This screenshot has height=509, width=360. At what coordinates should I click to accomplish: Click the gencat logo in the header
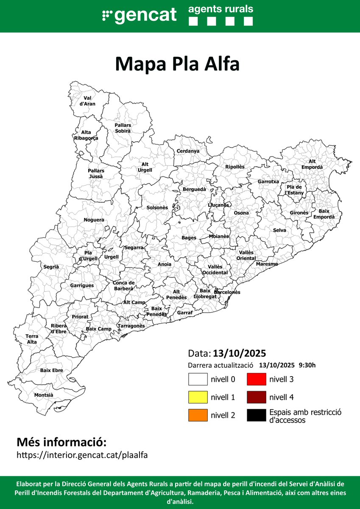[140, 16]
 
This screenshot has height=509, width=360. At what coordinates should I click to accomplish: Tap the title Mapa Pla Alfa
[178, 64]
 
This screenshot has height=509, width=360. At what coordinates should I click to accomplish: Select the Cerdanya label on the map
[188, 151]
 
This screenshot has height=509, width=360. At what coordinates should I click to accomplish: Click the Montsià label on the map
[44, 395]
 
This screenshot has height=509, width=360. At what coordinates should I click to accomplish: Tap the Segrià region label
[51, 267]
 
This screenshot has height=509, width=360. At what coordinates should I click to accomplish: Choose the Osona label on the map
[242, 213]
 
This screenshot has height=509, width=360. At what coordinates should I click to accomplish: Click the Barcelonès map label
[227, 292]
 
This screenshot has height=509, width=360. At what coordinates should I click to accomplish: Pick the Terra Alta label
[32, 339]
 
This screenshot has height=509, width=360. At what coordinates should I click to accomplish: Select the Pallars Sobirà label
[123, 128]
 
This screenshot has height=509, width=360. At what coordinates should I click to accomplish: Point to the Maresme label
[267, 264]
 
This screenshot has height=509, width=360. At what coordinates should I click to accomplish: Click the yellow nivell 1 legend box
[198, 397]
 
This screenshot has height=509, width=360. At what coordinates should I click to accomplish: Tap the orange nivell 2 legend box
[198, 415]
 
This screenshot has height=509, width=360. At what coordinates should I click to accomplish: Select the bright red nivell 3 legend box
[256, 379]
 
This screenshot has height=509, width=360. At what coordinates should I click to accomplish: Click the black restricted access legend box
[256, 415]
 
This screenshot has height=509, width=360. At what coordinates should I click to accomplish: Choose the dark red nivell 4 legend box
[256, 397]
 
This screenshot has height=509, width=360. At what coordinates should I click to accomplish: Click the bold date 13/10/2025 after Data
[240, 353]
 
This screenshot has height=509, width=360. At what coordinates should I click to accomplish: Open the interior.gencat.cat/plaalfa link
[82, 455]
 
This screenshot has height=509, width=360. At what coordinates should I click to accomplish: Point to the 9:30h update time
[307, 365]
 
